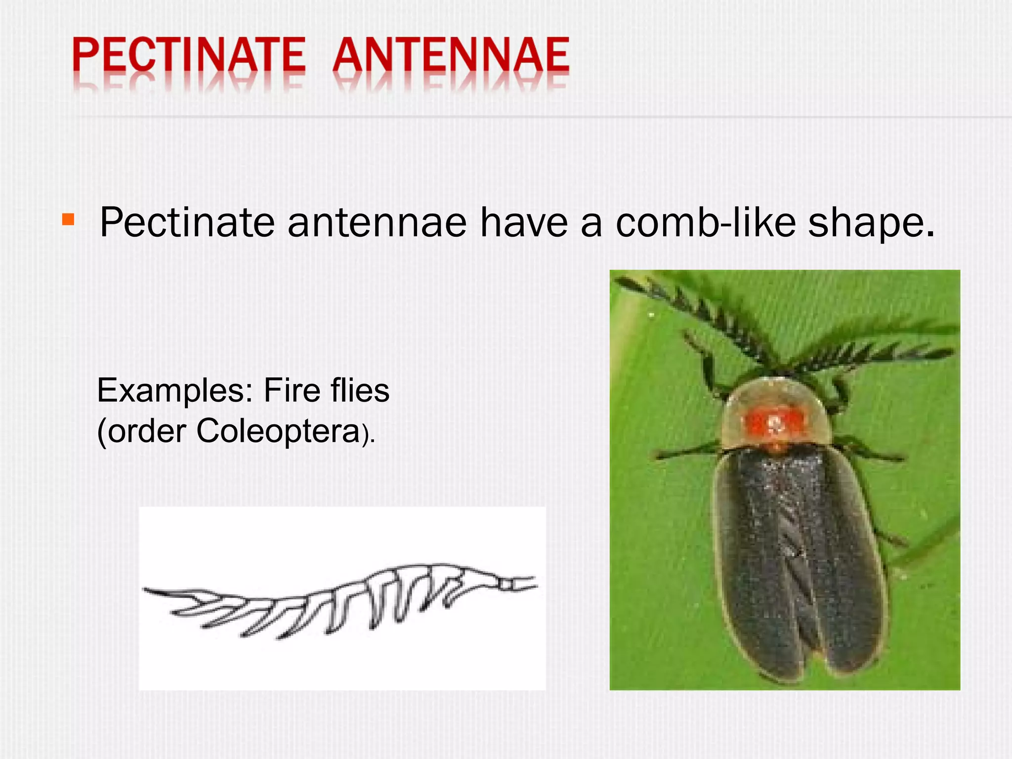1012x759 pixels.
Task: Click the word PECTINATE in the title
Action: [189, 55]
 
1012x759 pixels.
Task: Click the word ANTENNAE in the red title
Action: [451, 55]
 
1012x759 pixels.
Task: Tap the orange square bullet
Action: [68, 219]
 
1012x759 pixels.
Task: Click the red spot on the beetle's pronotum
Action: [774, 423]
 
